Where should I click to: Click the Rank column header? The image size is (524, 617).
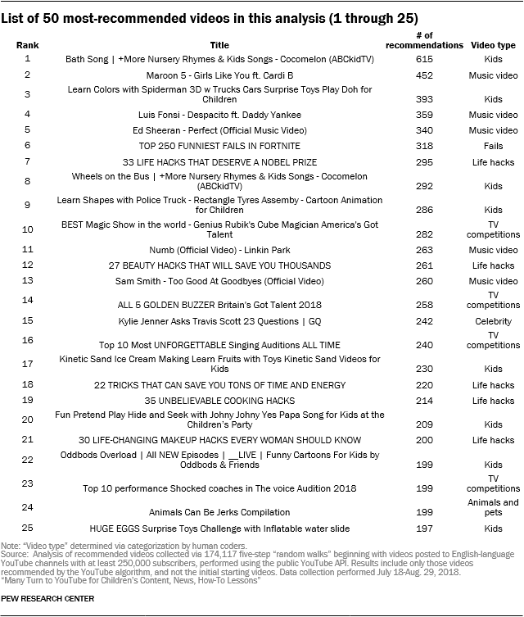[27, 46]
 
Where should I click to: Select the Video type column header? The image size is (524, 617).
[494, 46]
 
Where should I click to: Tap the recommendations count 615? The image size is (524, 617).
[425, 60]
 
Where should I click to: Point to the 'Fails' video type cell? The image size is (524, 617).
[494, 146]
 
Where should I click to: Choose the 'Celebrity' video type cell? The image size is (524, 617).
[494, 321]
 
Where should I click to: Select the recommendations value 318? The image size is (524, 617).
[425, 146]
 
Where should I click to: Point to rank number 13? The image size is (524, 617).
[27, 279]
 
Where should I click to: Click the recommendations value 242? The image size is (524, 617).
[425, 321]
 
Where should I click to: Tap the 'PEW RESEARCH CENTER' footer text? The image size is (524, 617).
[47, 599]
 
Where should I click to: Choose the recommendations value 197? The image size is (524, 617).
[425, 529]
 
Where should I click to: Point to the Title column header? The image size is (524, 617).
[219, 46]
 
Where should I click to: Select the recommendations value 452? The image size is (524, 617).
[425, 75]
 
